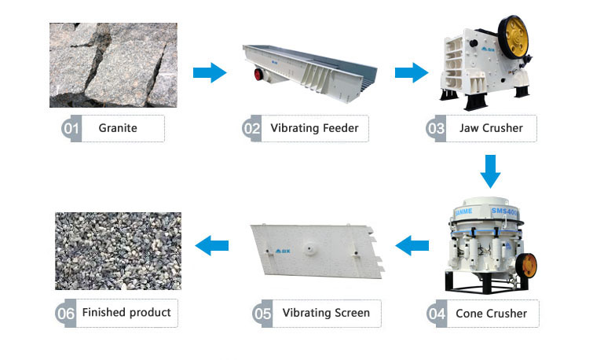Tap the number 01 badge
[x=71, y=128]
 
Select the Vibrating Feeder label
[x=313, y=128]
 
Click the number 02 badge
[x=251, y=128]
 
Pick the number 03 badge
[x=437, y=128]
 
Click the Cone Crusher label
[x=491, y=314]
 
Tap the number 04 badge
[x=437, y=314]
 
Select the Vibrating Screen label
[x=325, y=313]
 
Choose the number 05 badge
[x=262, y=313]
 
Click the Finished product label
[x=126, y=313]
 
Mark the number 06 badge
[x=65, y=313]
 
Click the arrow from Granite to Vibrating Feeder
[x=209, y=73]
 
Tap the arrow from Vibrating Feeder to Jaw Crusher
[x=411, y=73]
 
